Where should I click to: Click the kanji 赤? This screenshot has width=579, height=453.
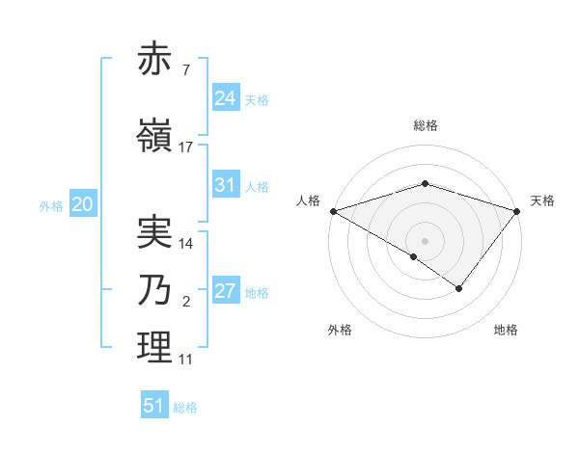[x=155, y=61]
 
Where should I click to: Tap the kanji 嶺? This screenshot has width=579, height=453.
[x=155, y=136]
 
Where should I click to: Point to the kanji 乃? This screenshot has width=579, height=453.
[x=155, y=291]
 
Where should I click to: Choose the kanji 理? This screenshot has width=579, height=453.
[x=155, y=349]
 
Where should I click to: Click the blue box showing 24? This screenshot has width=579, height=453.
[x=226, y=98]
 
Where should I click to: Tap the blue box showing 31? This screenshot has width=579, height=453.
[x=226, y=185]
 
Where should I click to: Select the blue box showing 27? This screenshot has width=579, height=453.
[x=226, y=291]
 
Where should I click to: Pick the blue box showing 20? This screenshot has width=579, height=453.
[x=83, y=204]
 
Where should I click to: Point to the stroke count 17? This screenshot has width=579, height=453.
[x=186, y=147]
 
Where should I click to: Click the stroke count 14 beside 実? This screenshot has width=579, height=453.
[x=186, y=245]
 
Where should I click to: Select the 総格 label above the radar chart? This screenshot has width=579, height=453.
[x=426, y=125]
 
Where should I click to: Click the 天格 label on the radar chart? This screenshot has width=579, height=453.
[x=543, y=200]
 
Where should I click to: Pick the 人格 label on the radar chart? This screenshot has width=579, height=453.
[x=309, y=200]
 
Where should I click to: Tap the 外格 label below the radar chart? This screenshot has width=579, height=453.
[x=340, y=330]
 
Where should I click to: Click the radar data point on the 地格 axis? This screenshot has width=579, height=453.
[x=459, y=288]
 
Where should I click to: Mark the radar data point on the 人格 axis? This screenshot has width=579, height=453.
[x=333, y=211]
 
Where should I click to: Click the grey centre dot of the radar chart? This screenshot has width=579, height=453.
[x=426, y=240]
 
